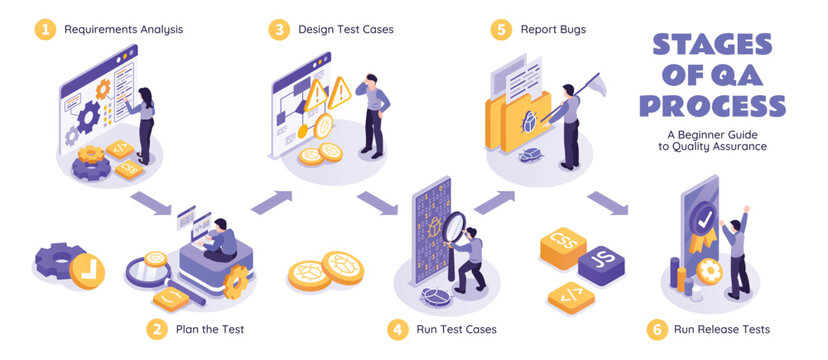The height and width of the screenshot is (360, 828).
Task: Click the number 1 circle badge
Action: (x=45, y=29)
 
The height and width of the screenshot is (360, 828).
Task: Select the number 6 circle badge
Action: (x=656, y=328)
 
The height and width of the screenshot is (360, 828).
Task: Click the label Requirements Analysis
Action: (x=123, y=29)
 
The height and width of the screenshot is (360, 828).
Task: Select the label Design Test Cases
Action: (x=345, y=29)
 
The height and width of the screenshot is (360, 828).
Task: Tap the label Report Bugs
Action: (x=553, y=29)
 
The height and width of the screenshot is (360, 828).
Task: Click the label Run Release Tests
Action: (x=722, y=328)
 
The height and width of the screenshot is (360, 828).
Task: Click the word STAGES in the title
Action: (x=711, y=45)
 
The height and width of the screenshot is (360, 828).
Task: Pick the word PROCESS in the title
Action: (x=711, y=106)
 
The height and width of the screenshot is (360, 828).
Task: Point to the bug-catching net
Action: (x=589, y=83)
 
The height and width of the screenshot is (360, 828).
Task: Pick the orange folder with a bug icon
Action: (x=518, y=125)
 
